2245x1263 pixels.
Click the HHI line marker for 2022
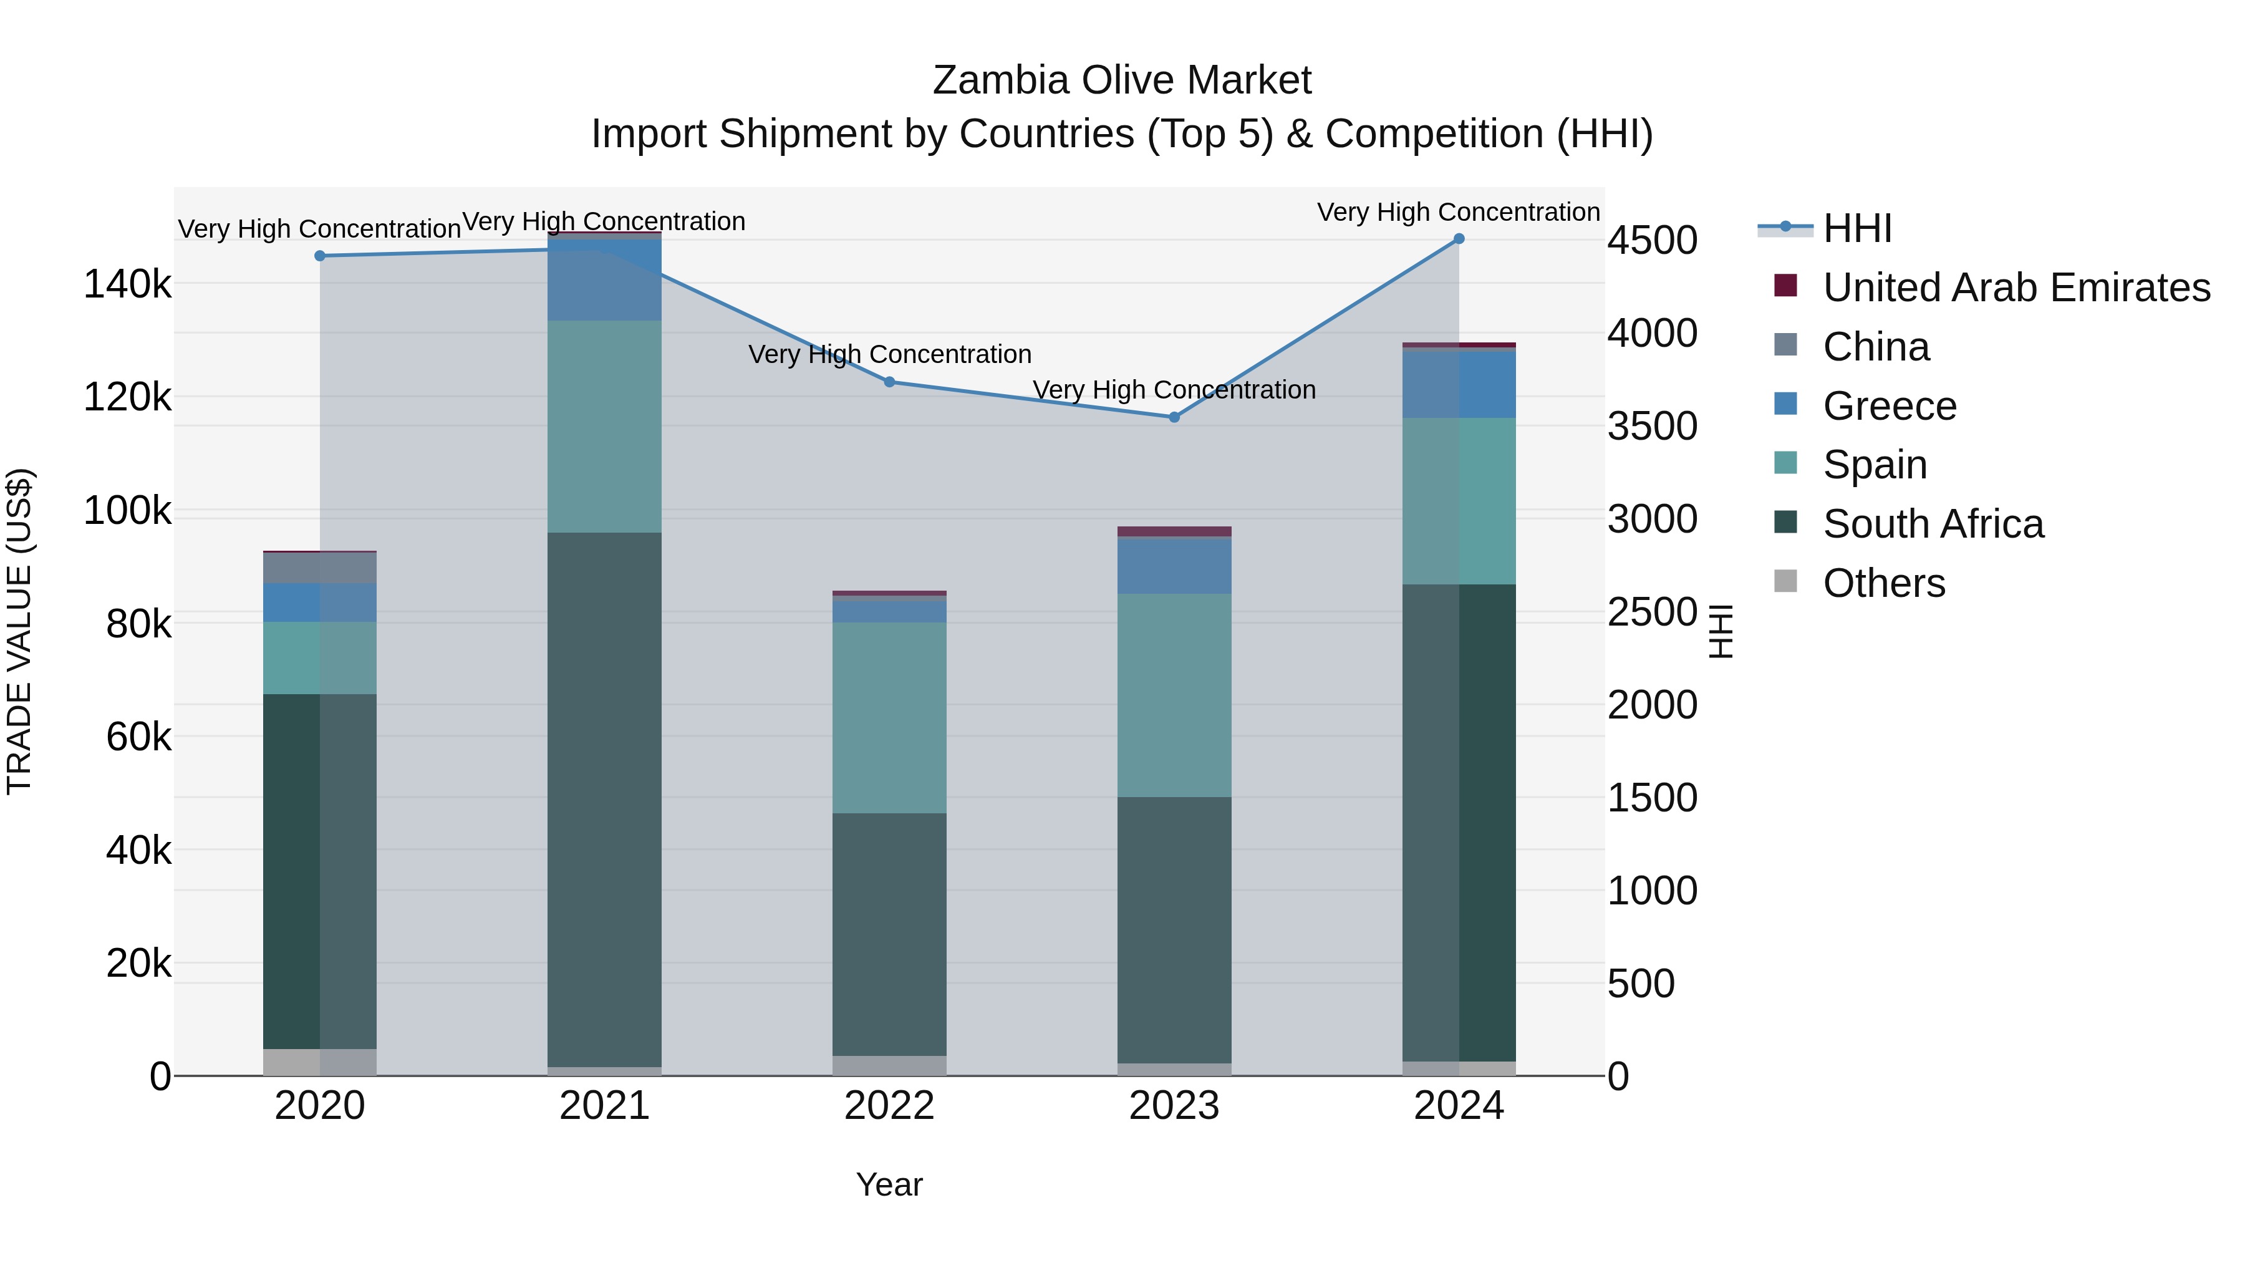889,382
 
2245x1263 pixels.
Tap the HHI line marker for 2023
1174,417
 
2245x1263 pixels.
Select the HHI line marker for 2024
1459,239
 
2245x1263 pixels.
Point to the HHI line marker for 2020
320,256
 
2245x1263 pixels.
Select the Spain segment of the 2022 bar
889,717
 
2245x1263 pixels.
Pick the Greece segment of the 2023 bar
1174,566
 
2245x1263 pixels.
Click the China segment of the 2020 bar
320,568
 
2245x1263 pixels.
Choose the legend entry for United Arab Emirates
2016,288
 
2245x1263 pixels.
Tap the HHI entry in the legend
1856,228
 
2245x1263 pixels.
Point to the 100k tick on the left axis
127,511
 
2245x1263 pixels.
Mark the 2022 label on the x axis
889,1106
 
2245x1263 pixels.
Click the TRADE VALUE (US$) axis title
20,631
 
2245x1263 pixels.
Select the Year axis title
889,1184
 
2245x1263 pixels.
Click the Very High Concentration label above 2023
1174,390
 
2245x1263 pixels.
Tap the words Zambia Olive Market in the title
1122,80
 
